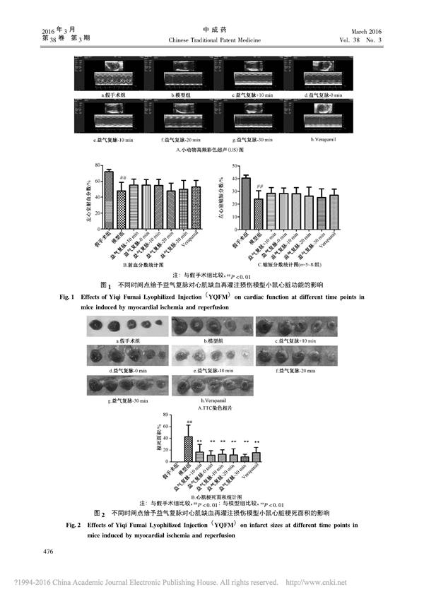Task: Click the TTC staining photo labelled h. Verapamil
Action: point(201,386)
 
